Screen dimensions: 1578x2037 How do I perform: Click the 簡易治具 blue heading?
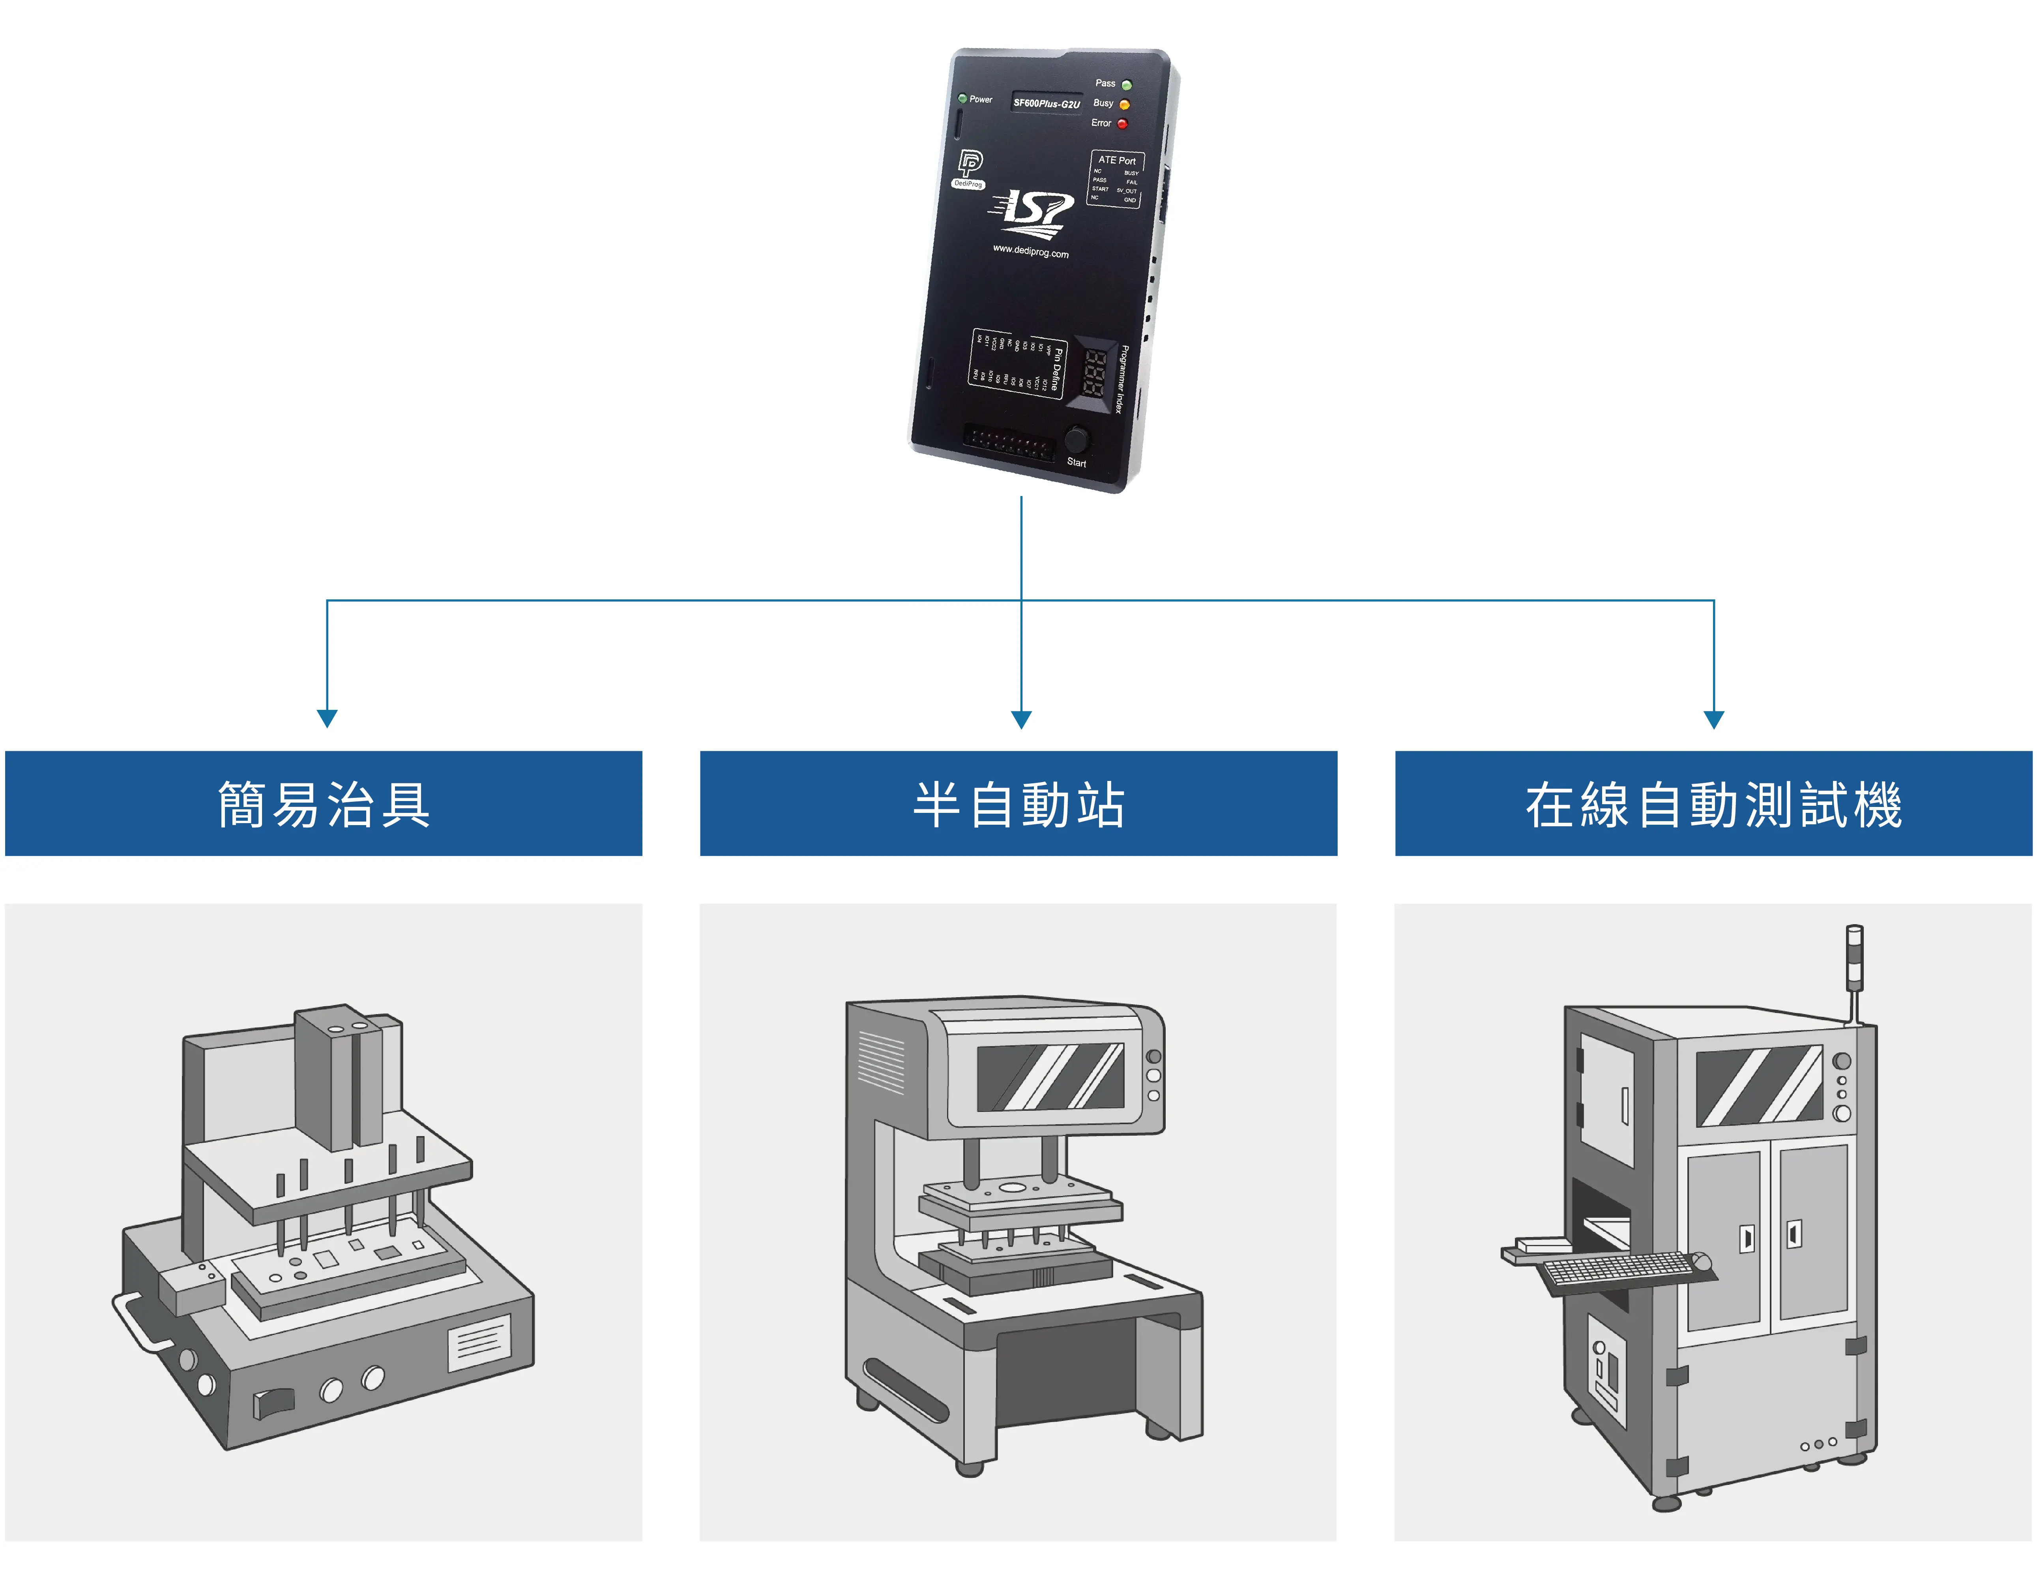(x=324, y=804)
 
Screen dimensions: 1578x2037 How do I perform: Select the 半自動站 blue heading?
(x=1018, y=804)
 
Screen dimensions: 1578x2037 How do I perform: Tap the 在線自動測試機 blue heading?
(x=1713, y=804)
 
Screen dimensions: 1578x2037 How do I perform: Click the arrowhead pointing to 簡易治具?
(x=328, y=718)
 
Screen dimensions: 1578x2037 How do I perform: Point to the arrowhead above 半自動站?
(x=1021, y=718)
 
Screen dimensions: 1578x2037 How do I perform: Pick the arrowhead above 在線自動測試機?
(x=1713, y=718)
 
